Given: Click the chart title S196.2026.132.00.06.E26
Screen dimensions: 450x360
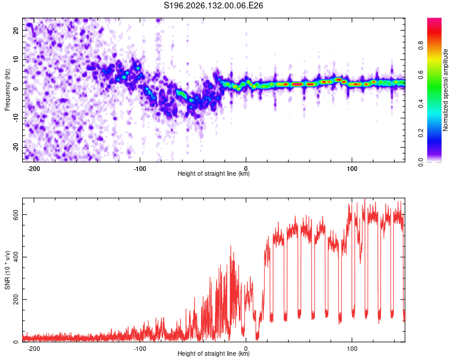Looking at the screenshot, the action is point(213,5).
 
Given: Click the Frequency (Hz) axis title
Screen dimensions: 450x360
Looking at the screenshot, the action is point(7,90).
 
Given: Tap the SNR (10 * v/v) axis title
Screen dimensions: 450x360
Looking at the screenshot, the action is point(7,270).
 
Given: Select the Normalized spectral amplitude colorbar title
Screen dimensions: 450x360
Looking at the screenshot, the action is point(445,90).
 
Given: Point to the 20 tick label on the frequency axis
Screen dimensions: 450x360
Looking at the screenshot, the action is point(16,30).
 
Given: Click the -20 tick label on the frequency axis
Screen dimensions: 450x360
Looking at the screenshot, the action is point(16,147).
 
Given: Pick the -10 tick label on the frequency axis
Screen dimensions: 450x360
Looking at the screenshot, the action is point(16,118).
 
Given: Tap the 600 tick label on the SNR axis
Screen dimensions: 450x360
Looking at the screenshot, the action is point(16,215).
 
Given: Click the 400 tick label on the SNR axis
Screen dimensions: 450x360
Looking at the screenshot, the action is point(16,257).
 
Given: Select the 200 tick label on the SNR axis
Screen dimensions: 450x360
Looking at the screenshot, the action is point(16,299).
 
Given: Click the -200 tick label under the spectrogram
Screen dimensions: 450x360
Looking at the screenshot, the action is point(34,169).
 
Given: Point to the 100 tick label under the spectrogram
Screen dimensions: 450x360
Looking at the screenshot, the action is point(352,169).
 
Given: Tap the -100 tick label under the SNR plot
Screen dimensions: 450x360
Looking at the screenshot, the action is point(140,349).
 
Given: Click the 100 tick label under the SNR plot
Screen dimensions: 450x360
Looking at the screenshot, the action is point(352,349).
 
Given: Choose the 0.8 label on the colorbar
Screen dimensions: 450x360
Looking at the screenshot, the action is point(421,45).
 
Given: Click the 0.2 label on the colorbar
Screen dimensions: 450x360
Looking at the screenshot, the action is point(421,133).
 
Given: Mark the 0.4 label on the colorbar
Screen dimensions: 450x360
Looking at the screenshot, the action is point(421,104).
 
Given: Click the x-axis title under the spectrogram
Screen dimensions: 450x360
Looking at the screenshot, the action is point(214,173).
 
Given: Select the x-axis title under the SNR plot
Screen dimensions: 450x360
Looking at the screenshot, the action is point(214,353).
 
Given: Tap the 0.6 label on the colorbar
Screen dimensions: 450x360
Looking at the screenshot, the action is point(421,74).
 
